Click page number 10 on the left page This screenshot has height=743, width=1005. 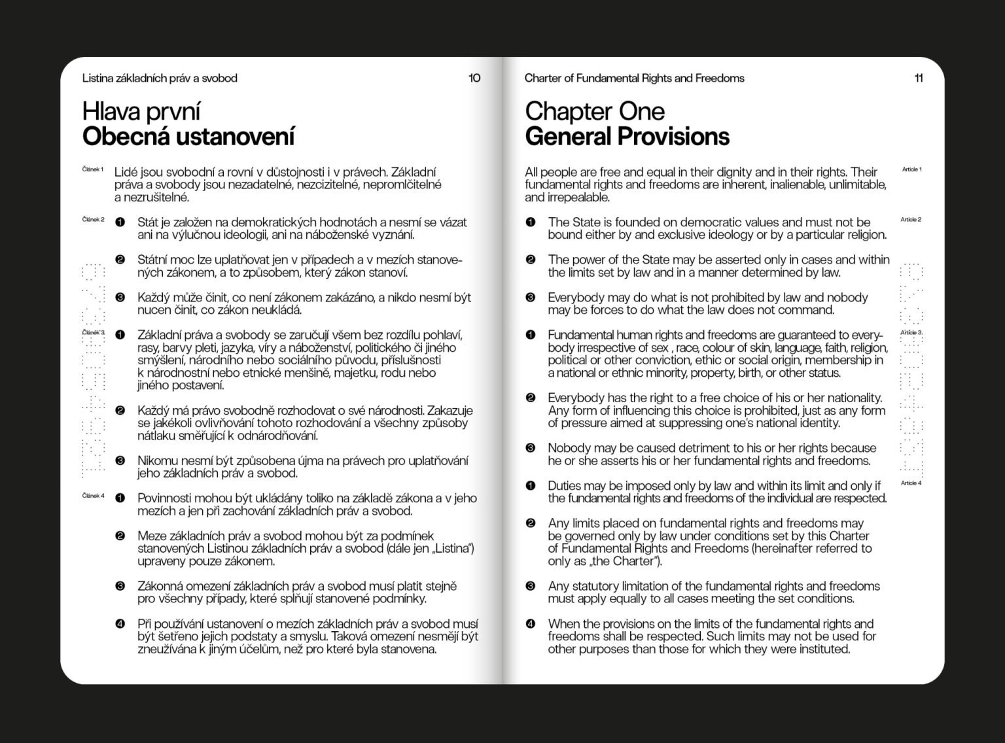474,78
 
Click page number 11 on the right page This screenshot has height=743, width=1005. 919,78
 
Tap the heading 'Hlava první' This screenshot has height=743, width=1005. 141,112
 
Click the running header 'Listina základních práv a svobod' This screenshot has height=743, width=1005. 160,78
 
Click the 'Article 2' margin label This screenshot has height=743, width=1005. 911,220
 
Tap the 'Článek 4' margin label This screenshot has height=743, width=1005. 93,496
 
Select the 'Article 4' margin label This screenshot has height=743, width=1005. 911,483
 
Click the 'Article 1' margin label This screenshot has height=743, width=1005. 911,169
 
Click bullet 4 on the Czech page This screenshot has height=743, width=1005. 120,624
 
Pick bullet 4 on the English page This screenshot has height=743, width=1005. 531,624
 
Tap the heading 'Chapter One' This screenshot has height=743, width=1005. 594,111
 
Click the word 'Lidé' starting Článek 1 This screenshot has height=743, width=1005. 126,173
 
